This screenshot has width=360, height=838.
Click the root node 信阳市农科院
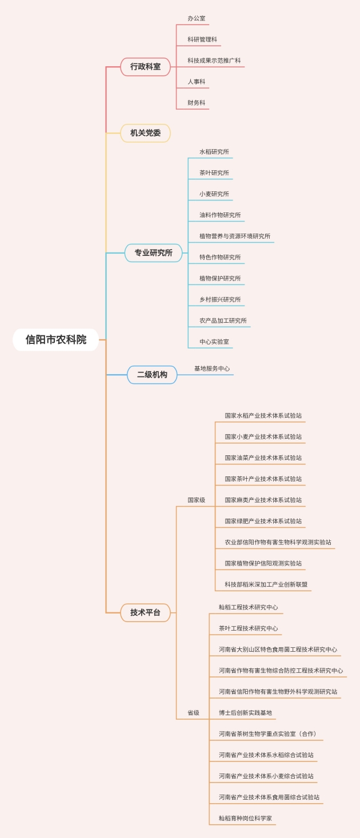56,340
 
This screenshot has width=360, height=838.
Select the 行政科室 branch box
145,66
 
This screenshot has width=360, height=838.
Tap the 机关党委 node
145,133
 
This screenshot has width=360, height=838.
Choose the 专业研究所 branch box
153,252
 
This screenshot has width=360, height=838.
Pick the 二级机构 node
152,375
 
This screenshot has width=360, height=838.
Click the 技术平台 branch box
145,612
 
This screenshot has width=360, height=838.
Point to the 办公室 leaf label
196,18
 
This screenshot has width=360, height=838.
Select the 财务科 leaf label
196,103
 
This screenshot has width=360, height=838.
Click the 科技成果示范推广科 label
214,61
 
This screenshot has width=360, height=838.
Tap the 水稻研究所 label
214,151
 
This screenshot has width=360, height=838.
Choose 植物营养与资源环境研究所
234,236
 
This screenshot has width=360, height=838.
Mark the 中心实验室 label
214,342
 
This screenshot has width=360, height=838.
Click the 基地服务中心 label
211,368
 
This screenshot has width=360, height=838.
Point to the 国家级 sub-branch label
196,500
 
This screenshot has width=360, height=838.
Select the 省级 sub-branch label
193,713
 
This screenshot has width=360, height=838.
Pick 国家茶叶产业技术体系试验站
263,479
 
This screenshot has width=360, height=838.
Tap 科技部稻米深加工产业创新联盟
266,584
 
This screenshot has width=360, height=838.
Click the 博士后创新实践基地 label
245,713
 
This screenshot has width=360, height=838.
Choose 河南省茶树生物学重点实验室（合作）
267,734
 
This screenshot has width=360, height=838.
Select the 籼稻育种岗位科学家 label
245,819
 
